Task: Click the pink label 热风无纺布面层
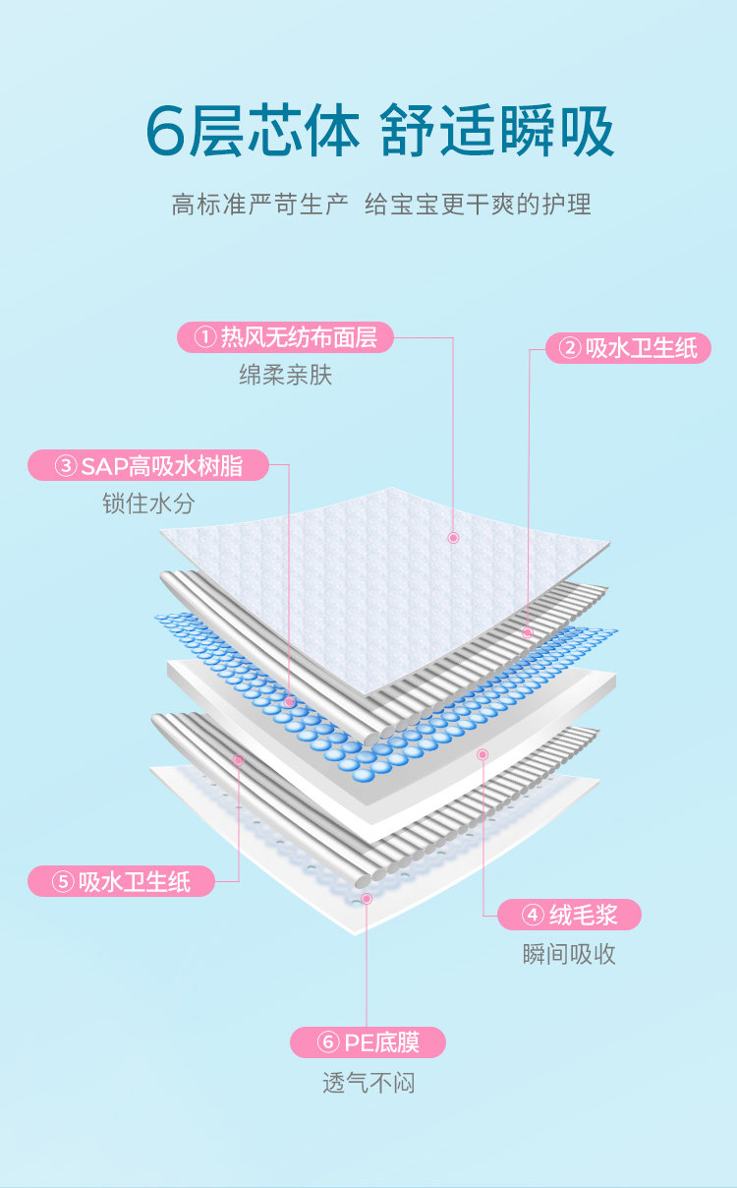click(x=285, y=338)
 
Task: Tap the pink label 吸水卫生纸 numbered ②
click(x=628, y=347)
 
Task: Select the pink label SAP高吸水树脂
click(x=148, y=465)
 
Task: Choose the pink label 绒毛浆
click(x=569, y=915)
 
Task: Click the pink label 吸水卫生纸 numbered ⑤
click(x=122, y=881)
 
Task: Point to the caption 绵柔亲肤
click(x=285, y=375)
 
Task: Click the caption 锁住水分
click(x=148, y=504)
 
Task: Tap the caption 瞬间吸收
click(x=569, y=954)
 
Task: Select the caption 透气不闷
click(x=368, y=1083)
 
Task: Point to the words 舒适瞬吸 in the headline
click(x=497, y=131)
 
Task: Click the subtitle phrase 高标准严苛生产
click(x=259, y=205)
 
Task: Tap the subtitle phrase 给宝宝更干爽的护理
click(x=478, y=205)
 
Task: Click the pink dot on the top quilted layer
click(x=454, y=538)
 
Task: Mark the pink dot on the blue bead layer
click(x=289, y=702)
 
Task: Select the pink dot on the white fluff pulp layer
click(x=482, y=754)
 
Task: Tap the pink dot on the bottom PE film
click(x=367, y=898)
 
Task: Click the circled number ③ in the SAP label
click(x=65, y=466)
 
